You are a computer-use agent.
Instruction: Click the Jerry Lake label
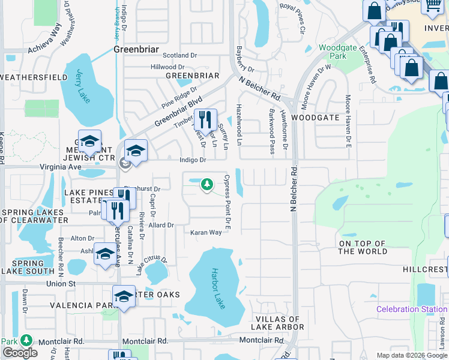tap(83, 86)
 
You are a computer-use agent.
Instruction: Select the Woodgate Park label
tap(333, 52)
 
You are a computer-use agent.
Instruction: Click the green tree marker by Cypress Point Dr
tap(206, 184)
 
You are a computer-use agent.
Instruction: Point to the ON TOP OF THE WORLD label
tap(363, 247)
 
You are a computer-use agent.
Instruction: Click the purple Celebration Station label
tap(412, 309)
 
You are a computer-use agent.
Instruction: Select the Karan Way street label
tap(206, 233)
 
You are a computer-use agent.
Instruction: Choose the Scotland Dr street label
tap(180, 55)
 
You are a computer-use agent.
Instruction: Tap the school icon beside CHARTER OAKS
tap(124, 297)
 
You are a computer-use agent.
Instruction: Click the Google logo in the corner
tap(20, 353)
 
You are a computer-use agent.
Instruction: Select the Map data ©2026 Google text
tap(411, 355)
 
